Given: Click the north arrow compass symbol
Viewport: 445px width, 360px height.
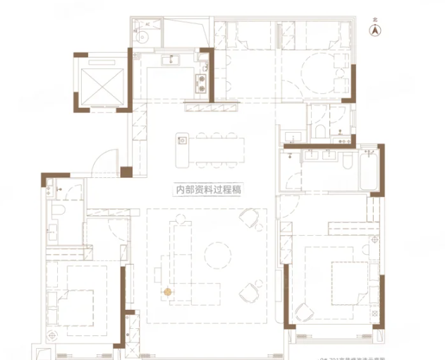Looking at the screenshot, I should click(x=376, y=30).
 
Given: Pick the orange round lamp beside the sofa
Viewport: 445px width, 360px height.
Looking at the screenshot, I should click(x=168, y=290).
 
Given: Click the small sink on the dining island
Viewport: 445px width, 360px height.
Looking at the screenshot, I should click(x=183, y=140).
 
